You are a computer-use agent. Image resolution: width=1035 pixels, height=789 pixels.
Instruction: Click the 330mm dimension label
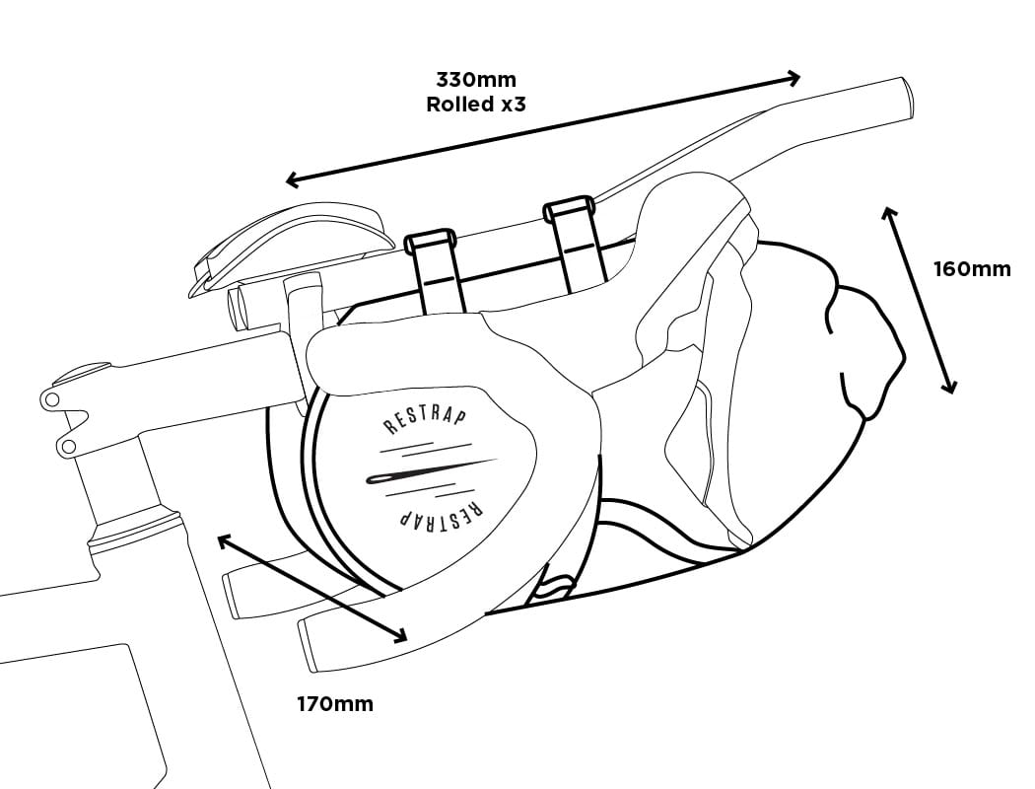[x=476, y=80]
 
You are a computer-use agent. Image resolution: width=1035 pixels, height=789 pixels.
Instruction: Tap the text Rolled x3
[x=476, y=105]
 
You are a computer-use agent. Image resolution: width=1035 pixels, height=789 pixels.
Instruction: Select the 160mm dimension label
[x=972, y=269]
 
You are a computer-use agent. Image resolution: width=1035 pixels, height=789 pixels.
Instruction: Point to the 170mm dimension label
[x=335, y=704]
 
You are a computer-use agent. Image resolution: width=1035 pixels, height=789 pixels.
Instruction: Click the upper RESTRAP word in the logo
[x=425, y=421]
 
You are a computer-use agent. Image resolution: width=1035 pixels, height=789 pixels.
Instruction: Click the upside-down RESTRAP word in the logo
[x=441, y=511]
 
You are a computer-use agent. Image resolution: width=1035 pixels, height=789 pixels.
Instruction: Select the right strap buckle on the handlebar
[x=568, y=209]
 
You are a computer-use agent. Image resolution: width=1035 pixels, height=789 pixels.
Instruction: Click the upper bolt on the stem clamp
[x=51, y=398]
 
